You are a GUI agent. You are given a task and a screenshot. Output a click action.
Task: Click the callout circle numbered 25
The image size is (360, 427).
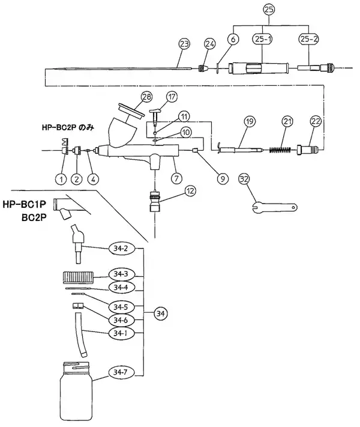coord(269,10)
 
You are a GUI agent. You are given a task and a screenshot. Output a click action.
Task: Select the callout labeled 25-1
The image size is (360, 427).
coord(262,39)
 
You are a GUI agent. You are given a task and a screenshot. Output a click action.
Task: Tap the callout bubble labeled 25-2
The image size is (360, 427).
coord(309,39)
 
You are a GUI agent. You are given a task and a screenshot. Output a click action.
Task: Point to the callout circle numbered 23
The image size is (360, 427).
coord(184,44)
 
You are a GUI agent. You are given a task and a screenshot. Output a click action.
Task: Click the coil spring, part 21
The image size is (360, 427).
coord(280,150)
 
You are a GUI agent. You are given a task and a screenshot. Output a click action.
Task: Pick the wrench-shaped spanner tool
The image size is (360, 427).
coord(274,208)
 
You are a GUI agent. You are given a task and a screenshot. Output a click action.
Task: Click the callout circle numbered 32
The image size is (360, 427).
coord(244,179)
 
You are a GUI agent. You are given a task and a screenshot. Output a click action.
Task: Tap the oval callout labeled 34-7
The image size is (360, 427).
coord(121,372)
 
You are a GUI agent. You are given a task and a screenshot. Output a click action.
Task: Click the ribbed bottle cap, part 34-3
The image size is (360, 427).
coord(79,278)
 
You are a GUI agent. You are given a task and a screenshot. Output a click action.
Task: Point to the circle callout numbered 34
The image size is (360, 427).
coord(161,313)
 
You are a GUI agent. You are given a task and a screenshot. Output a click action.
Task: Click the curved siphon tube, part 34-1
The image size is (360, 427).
coord(80,335)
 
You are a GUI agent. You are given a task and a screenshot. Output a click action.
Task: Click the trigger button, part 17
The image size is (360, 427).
coord(155,115)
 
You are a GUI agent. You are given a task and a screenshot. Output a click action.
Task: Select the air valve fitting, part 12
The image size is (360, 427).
coord(155,202)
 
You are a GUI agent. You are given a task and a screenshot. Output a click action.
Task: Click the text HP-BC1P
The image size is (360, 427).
coord(25,204)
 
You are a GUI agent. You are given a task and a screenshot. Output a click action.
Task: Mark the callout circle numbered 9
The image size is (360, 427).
coord(223,179)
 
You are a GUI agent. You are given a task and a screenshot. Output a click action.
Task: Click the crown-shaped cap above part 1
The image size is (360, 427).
coord(65,142)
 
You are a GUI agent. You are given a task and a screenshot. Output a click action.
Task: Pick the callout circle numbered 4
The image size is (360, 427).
coord(93,179)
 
